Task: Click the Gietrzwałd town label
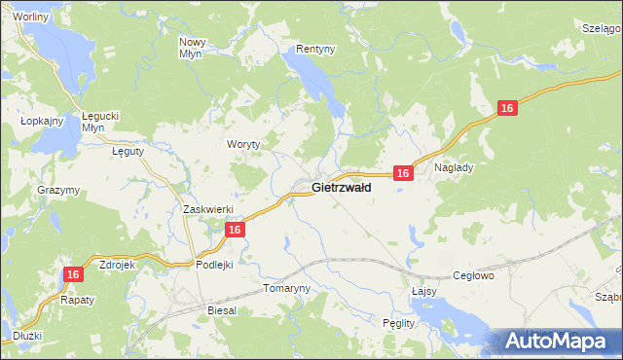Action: coord(341,188)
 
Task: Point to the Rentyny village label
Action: coord(315,49)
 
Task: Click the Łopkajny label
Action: coord(42,121)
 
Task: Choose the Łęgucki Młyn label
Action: coord(99,121)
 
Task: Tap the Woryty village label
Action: coord(243,144)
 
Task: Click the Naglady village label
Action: coord(454,167)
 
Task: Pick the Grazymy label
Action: coord(57,190)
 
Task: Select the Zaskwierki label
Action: coord(205,209)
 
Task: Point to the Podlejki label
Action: coord(214,265)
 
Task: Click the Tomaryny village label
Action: coord(286,289)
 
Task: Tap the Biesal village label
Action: coord(222,309)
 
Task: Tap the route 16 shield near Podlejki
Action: coord(235,230)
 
